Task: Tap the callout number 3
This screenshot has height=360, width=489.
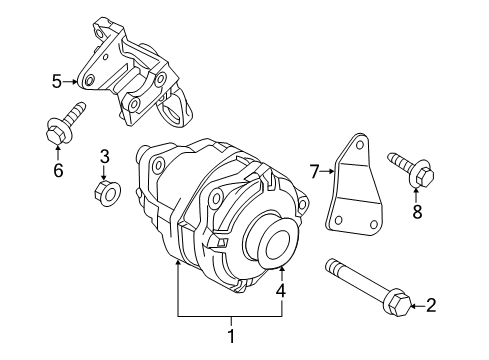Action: pos(103,156)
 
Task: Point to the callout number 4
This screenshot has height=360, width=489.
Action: pos(282,292)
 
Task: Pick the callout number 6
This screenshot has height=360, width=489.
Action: pos(57,171)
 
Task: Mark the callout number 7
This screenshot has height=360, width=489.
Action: pos(313,172)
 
